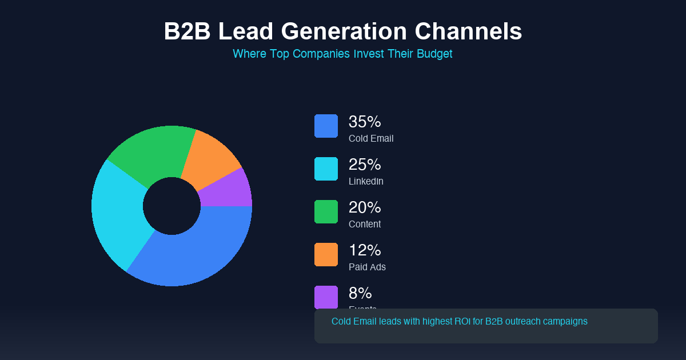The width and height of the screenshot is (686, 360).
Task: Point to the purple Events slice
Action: click(229, 191)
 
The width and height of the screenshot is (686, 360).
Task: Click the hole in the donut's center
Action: click(171, 206)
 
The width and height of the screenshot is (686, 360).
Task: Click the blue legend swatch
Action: click(326, 126)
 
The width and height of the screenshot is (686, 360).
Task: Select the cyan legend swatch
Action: click(326, 169)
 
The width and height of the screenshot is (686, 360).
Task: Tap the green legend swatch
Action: click(326, 211)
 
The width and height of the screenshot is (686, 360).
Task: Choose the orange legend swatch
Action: click(326, 254)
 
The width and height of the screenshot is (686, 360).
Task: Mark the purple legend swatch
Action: click(326, 297)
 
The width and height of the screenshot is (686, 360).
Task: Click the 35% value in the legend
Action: click(365, 122)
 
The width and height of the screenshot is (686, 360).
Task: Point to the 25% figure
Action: click(365, 165)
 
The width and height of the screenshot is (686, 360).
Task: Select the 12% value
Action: click(365, 250)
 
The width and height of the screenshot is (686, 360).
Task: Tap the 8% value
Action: click(360, 293)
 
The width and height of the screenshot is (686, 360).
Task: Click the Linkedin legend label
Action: click(366, 181)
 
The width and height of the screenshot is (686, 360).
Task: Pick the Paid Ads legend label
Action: click(367, 267)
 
